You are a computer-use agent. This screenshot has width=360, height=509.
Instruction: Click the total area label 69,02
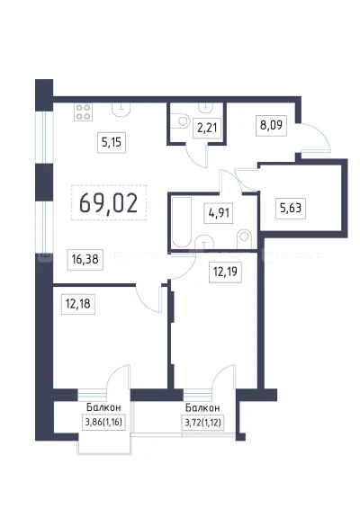[109, 203]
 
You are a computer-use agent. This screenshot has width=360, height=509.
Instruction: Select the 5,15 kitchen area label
[112, 142]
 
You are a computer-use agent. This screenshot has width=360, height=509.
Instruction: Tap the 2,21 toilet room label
[207, 128]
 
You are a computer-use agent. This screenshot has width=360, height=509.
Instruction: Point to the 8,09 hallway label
[271, 125]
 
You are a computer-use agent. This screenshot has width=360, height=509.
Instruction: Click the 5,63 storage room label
[291, 208]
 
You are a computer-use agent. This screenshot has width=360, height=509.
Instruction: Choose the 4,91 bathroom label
[219, 213]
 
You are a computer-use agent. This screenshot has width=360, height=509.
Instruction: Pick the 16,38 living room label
[85, 259]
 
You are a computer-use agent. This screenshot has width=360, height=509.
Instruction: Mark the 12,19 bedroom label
[226, 272]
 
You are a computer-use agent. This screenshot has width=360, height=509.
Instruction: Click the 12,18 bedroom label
[78, 304]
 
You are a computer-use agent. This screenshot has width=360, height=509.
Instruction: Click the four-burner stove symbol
[83, 112]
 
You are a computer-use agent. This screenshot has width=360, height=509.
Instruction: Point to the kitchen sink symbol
[121, 109]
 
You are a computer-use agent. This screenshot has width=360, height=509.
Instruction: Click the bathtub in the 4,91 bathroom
[181, 221]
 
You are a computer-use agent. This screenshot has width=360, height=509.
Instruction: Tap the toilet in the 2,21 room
[180, 121]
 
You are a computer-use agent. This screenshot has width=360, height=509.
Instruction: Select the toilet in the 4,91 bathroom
[244, 239]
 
